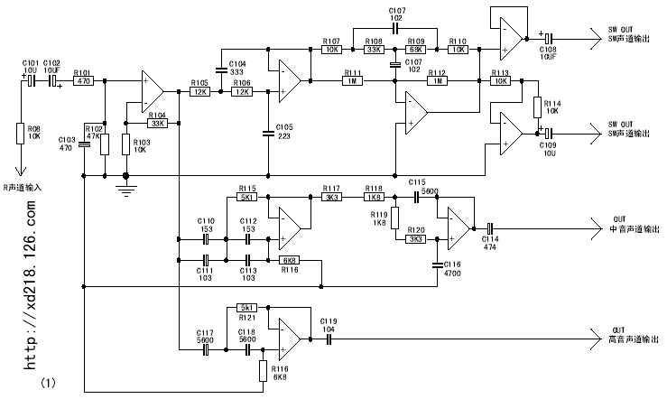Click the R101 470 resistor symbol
tap(83, 81)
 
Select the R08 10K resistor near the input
tap(21, 134)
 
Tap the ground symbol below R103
tap(125, 189)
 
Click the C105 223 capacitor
tap(266, 134)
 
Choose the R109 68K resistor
tap(416, 50)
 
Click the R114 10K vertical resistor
tap(536, 107)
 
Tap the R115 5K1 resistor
tap(247, 197)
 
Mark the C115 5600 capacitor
tap(417, 195)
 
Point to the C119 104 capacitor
tap(329, 339)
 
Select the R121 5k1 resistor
tap(247, 307)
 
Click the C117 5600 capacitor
tap(207, 347)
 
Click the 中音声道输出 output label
tap(630, 229)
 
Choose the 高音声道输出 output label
tap(630, 341)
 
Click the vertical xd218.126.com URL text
tap(30, 287)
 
